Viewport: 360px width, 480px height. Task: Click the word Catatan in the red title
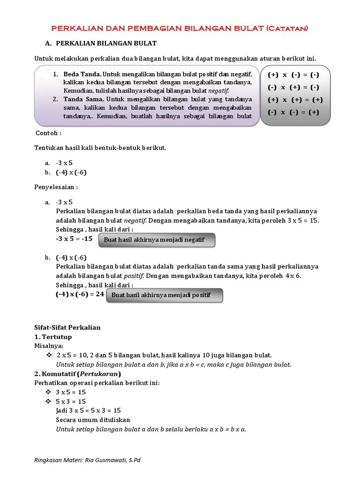287,29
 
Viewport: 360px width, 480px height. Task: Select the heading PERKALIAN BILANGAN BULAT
106,44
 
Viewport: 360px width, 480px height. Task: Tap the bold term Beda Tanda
82,75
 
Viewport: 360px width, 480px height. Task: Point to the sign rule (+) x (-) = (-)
293,75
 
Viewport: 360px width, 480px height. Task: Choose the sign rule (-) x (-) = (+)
293,112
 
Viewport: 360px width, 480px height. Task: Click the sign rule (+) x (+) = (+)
293,100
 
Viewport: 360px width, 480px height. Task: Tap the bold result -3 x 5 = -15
74,239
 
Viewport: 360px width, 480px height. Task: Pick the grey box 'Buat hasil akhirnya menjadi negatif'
157,240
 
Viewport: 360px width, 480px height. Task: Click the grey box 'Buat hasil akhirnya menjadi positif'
164,295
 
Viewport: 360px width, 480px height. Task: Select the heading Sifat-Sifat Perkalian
67,327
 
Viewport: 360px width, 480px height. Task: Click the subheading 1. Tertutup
53,337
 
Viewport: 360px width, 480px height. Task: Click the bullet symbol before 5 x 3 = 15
48,401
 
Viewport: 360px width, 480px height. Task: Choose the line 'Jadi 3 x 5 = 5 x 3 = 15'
88,410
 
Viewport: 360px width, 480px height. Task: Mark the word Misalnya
48,345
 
